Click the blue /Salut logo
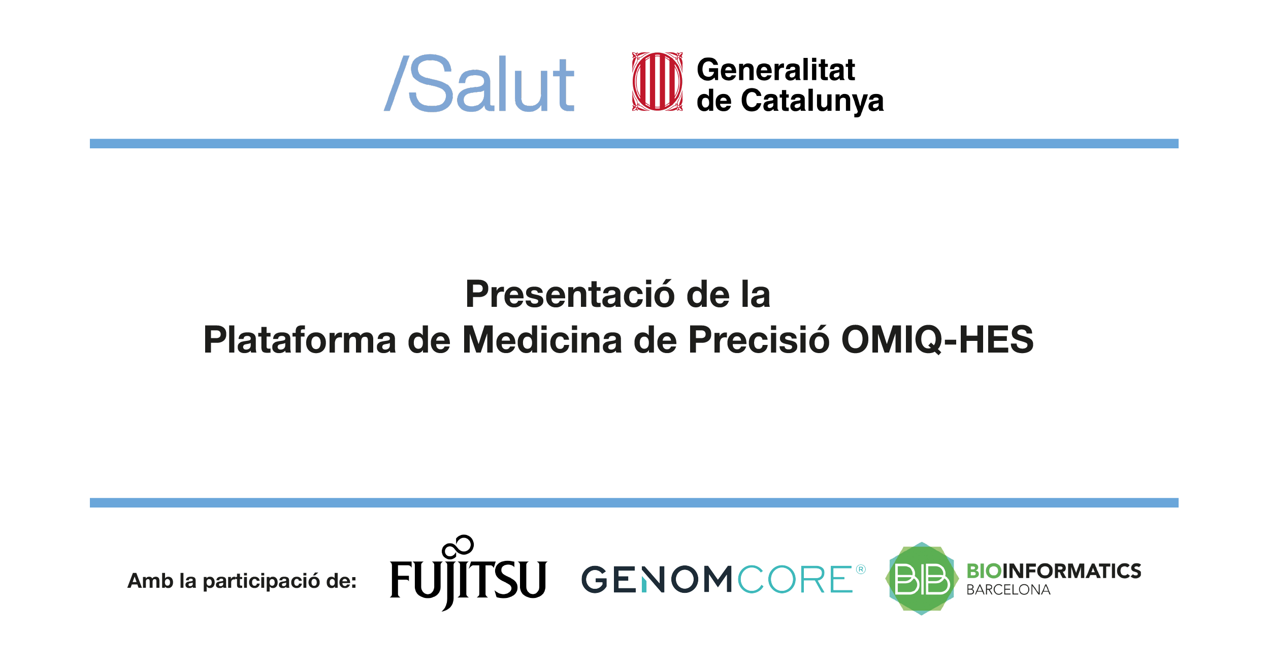[x=480, y=84]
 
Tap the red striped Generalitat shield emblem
[x=657, y=81]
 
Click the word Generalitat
[x=775, y=70]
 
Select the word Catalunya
[x=812, y=101]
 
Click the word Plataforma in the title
[x=300, y=340]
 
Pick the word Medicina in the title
[x=542, y=340]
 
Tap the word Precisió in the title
[x=759, y=340]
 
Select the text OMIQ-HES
[x=937, y=340]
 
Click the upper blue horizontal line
[x=634, y=144]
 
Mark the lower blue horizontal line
[x=634, y=503]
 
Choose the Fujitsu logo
[x=468, y=579]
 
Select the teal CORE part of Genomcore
[x=795, y=580]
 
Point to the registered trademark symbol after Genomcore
[x=861, y=569]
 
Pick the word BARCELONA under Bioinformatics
[x=1008, y=590]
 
